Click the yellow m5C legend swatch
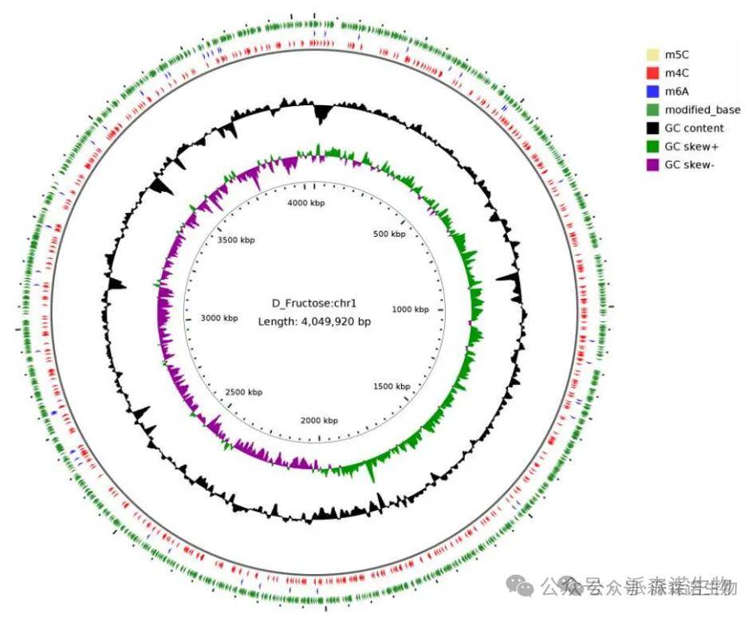[652, 54]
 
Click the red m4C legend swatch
[652, 73]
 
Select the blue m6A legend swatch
[652, 91]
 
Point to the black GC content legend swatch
[652, 128]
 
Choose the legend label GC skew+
[692, 147]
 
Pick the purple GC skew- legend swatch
[652, 165]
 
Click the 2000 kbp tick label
[318, 421]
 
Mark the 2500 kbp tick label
[244, 392]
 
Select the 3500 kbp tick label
[237, 240]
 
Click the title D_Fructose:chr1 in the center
[314, 303]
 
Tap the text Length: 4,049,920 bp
[314, 322]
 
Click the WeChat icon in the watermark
[526, 588]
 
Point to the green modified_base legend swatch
[652, 110]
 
